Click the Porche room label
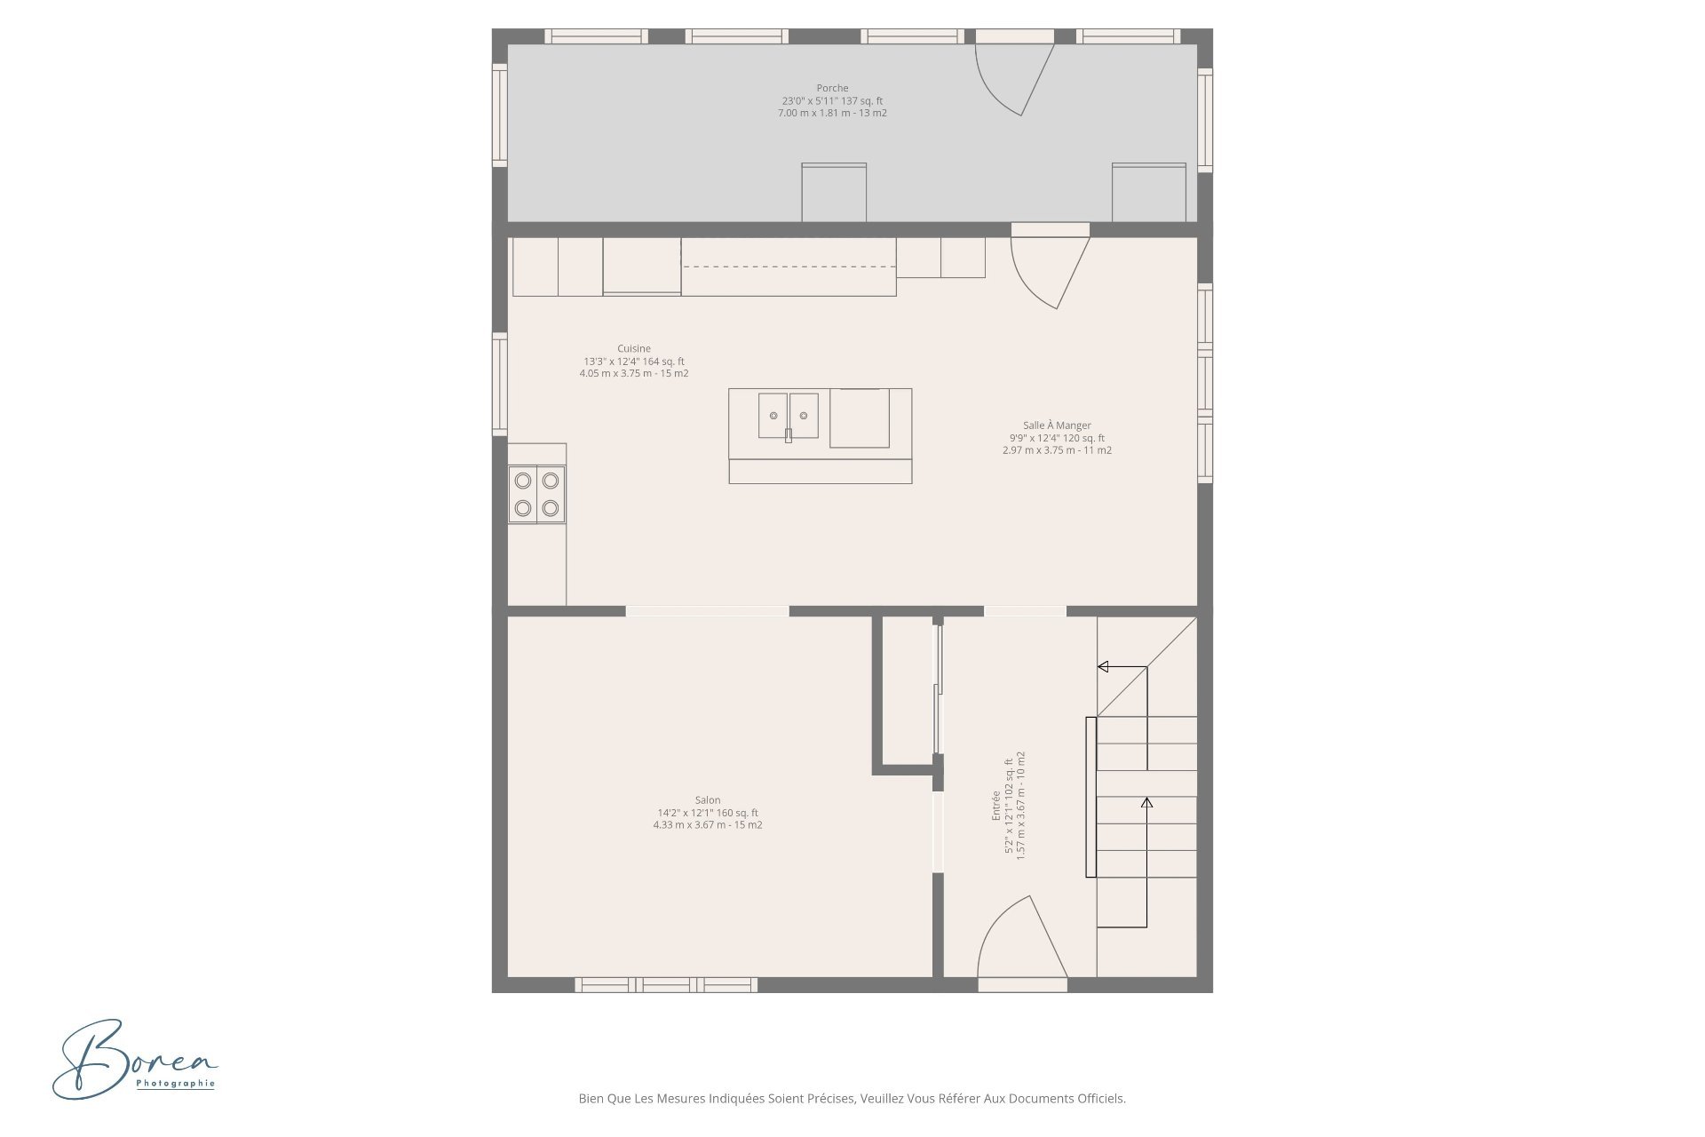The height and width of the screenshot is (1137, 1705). point(832,88)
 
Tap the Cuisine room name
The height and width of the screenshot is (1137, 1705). point(634,348)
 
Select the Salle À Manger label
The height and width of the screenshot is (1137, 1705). point(1057,425)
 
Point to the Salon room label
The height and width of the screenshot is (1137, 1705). point(708,800)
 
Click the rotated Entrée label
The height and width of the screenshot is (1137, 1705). point(996,805)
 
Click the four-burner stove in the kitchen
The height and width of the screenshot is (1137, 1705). point(537,494)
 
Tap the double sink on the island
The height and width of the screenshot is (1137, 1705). point(788,416)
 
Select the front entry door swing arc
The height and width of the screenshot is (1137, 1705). point(1021,942)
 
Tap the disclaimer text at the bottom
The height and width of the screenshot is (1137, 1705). point(852,1099)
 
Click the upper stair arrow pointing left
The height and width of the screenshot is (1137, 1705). point(1104,666)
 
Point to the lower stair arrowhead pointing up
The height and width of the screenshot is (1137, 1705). point(1146,803)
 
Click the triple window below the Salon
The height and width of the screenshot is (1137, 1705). point(666,984)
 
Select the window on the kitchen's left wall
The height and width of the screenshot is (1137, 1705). point(500,384)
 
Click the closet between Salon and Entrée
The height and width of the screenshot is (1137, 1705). point(907,693)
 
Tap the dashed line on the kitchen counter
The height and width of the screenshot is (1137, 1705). point(788,266)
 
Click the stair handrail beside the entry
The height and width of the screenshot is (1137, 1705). point(1090,797)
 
